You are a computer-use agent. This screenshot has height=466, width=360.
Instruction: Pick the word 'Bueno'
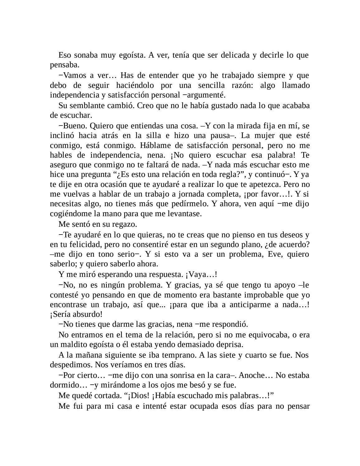pos(73,126)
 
